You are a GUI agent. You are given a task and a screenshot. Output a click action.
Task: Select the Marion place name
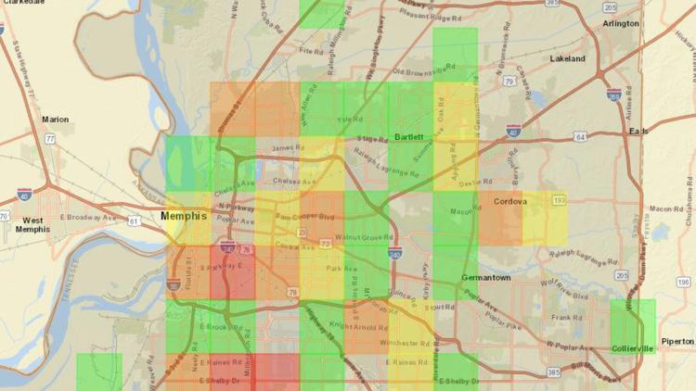[56, 119]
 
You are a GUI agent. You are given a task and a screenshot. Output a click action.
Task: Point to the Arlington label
[621, 23]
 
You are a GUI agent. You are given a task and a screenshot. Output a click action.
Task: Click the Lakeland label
[567, 58]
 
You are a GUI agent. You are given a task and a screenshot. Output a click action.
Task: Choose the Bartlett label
[408, 136]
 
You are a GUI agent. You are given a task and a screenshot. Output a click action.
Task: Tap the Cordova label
[510, 201]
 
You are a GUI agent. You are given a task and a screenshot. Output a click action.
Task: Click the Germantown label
[485, 277]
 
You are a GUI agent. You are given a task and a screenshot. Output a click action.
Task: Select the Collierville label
[633, 348]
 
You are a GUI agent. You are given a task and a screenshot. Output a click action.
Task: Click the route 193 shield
[559, 199]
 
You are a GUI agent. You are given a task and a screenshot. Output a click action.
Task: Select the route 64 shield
[579, 136]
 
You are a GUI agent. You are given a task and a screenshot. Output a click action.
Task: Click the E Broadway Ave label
[85, 217]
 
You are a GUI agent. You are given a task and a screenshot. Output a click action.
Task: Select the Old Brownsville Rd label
[424, 69]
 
